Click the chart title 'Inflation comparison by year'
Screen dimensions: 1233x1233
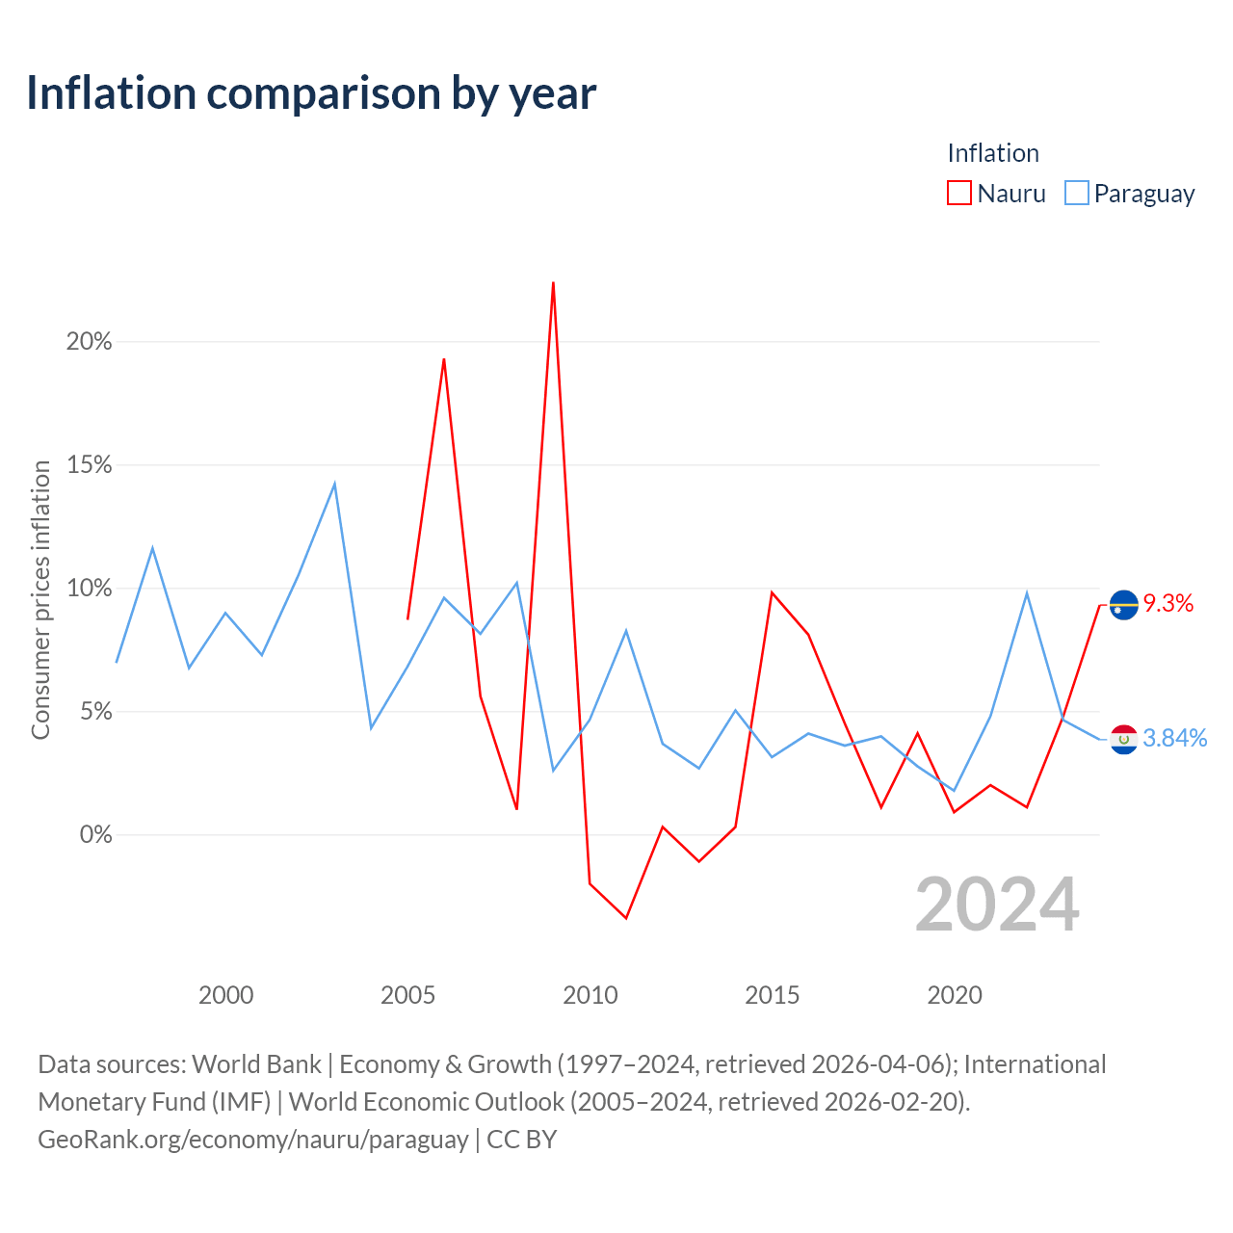311,94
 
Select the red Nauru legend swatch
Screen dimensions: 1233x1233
958,193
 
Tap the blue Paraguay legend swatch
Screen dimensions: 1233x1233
1076,193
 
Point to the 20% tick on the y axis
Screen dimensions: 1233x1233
89,342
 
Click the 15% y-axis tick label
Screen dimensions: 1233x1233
89,465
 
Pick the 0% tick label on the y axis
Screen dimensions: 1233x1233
96,835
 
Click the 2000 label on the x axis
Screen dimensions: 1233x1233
225,996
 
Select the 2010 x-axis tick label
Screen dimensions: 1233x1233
590,996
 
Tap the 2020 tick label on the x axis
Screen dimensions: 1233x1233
954,996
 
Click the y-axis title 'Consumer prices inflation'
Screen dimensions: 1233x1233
41,599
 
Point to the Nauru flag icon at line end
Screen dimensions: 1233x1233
1123,605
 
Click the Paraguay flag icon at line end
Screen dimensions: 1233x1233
1123,739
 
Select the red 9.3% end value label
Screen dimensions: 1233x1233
1168,603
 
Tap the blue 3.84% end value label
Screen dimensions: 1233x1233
1175,739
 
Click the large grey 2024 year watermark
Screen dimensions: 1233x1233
998,905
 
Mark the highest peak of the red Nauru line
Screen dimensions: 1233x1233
553,282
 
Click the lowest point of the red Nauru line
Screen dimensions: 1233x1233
626,918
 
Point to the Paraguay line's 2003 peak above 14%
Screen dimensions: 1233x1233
334,484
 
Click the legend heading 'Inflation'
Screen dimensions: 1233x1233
993,153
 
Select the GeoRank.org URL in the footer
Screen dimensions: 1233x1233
253,1140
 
